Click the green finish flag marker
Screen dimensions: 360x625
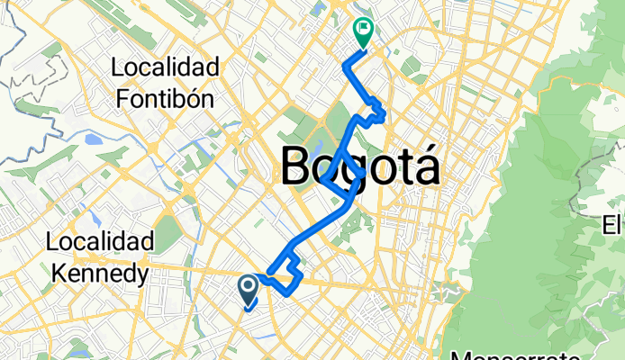(363, 33)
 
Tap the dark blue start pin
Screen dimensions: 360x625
(248, 289)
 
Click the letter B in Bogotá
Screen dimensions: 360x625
(300, 167)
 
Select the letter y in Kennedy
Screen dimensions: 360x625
(139, 274)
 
